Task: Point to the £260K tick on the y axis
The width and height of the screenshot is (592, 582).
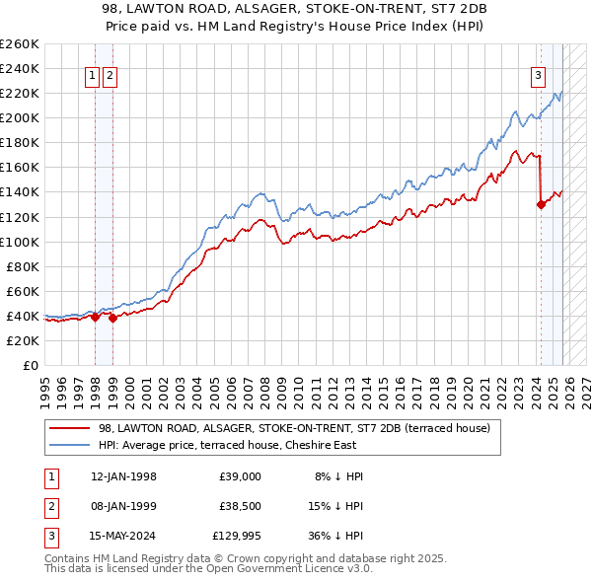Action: coord(20,44)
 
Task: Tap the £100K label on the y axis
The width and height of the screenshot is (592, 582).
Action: coord(20,242)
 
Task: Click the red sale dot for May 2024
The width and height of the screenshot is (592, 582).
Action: coord(541,205)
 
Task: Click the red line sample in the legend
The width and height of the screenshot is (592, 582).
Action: coord(70,428)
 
